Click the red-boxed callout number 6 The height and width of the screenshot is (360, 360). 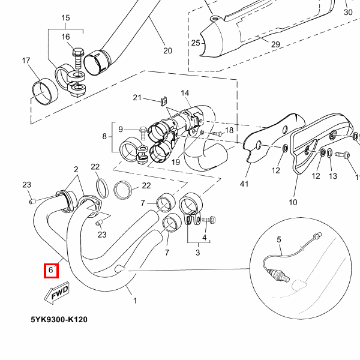point(51,269)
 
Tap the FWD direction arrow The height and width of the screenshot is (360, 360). point(56,293)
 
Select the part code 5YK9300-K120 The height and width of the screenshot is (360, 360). point(59,319)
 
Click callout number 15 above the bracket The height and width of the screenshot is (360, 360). point(65,18)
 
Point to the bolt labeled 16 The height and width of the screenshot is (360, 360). point(77,59)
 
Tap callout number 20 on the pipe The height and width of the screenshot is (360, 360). point(167,50)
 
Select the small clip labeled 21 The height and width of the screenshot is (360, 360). point(164,101)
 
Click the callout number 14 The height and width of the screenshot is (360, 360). point(185,93)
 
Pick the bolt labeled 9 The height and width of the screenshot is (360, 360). point(143,133)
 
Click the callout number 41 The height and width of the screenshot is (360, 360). point(244,184)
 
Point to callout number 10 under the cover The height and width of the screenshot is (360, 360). point(293,202)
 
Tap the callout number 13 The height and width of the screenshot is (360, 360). point(332,176)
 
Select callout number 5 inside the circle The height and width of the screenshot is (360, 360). point(279,239)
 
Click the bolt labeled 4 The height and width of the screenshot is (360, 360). point(209,220)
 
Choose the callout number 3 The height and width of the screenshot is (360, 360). point(197,253)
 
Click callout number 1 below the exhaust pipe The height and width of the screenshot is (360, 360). point(135,301)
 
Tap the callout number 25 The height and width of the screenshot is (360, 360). point(196,43)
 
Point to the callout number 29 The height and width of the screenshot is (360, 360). point(275,44)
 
